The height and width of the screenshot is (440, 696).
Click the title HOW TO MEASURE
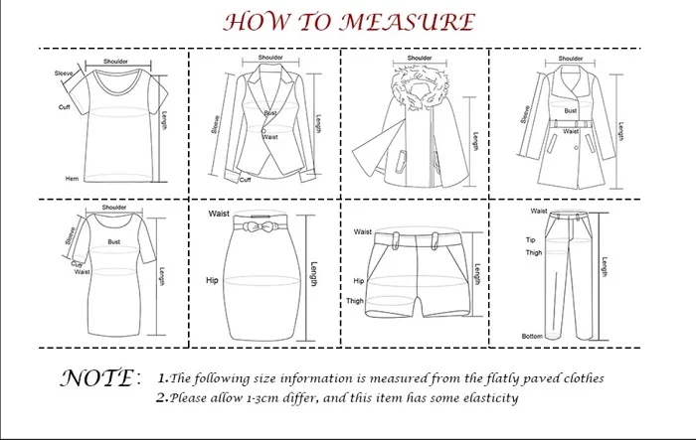(347, 22)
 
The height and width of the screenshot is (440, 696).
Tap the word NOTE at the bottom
(95, 378)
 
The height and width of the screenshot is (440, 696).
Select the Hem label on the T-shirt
(72, 178)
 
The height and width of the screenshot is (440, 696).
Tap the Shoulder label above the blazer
(270, 58)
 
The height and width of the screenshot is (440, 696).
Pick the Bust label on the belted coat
(571, 112)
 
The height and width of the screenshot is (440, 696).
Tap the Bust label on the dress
(114, 239)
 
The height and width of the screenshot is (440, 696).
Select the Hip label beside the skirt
(212, 281)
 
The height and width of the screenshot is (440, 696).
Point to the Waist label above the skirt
(219, 214)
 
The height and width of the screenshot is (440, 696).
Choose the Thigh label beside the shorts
(355, 300)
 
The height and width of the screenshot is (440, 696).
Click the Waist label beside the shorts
(363, 231)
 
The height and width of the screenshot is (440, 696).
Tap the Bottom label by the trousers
(533, 336)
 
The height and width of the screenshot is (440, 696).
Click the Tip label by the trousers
(530, 240)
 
